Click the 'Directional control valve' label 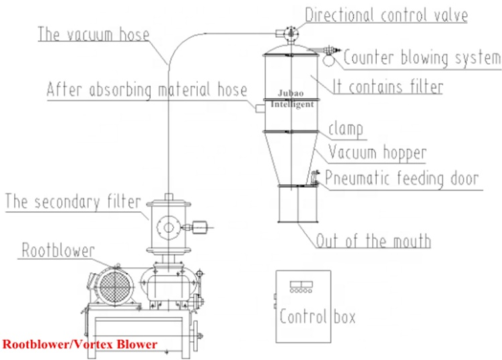point(386,15)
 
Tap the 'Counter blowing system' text point(422,58)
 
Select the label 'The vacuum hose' point(94,34)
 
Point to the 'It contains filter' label point(388,86)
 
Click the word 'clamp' point(346,129)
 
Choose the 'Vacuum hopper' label point(378,153)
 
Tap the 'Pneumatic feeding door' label point(402,178)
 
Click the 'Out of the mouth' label point(373,241)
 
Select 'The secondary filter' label point(73,202)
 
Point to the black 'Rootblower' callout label point(59,250)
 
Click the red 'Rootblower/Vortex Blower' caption point(80,344)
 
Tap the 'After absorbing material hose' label point(147,89)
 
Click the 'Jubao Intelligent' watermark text point(291,98)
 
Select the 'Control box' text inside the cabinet point(317,316)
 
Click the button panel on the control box point(301,287)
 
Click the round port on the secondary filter point(168,227)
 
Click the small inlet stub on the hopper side point(260,109)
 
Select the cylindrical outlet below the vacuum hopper point(297,204)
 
